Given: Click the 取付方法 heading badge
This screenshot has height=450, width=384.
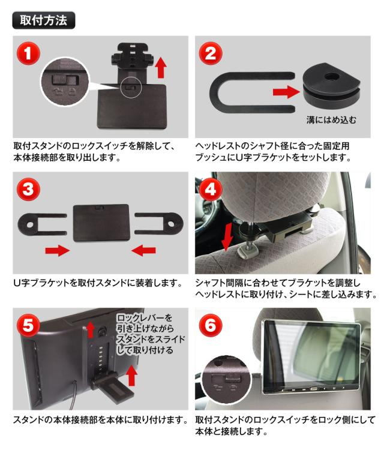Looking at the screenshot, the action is pyautogui.click(x=44, y=20).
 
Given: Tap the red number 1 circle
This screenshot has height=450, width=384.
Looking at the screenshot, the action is pyautogui.click(x=28, y=53).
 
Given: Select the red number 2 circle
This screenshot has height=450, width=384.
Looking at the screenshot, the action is pyautogui.click(x=211, y=53).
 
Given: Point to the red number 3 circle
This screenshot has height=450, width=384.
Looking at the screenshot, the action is pyautogui.click(x=28, y=190).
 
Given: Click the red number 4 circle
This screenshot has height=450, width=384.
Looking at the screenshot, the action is pyautogui.click(x=211, y=190).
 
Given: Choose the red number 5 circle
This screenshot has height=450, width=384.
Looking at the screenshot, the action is pyautogui.click(x=28, y=325).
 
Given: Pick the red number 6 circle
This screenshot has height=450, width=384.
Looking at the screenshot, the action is pyautogui.click(x=211, y=325).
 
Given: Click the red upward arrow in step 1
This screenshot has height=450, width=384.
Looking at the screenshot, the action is pyautogui.click(x=161, y=67).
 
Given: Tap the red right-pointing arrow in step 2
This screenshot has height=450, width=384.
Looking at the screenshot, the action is pyautogui.click(x=286, y=92).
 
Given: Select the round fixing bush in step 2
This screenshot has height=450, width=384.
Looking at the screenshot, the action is pyautogui.click(x=331, y=85).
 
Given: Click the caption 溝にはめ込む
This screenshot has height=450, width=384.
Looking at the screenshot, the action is pyautogui.click(x=331, y=119).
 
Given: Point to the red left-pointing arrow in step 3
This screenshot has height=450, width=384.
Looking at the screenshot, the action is pyautogui.click(x=143, y=251).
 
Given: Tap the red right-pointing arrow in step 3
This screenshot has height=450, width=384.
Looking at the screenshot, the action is pyautogui.click(x=58, y=251).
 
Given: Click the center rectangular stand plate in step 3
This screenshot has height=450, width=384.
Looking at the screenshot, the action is pyautogui.click(x=101, y=223).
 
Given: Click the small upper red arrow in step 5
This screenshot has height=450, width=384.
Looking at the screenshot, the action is pyautogui.click(x=91, y=329).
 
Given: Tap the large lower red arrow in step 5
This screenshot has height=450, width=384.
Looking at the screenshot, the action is pyautogui.click(x=132, y=376).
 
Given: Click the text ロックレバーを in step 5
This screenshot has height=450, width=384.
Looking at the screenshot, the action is pyautogui.click(x=145, y=317).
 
